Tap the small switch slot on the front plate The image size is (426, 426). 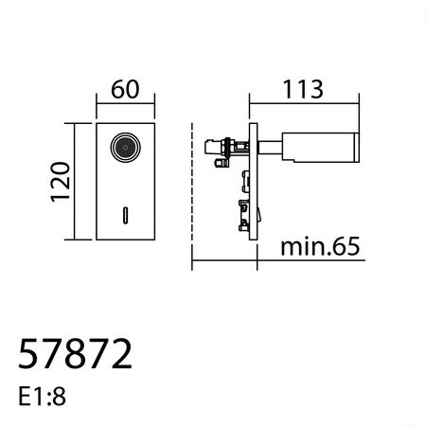coord(123,214)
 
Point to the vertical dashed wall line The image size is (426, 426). coord(192,189)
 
